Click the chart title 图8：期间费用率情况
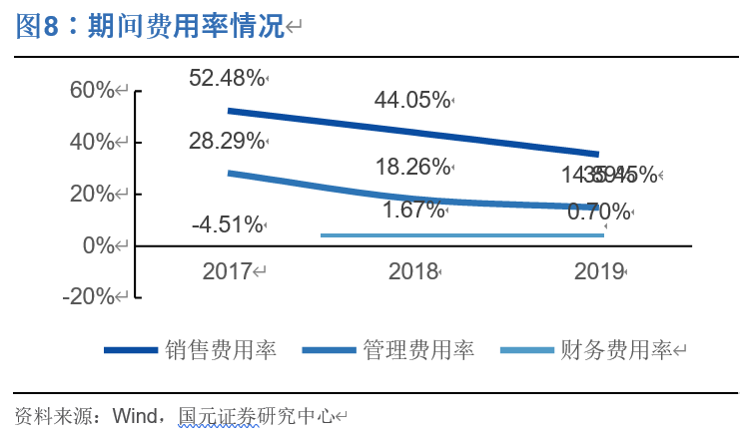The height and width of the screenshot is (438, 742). pos(150,27)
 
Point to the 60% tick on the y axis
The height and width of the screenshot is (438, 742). pos(93,90)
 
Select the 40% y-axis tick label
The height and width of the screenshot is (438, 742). pos(93,142)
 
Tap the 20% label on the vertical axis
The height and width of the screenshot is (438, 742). pos(93,194)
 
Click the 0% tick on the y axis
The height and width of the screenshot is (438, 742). pos(98,245)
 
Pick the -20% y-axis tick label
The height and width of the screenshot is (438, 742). pos(89,297)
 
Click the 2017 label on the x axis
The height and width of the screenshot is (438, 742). pos(229,271)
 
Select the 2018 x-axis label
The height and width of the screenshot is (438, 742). pos(413,271)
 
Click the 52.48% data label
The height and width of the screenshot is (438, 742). pos(227,77)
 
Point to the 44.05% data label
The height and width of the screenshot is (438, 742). pos(411,100)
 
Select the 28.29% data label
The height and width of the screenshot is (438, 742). pos(227,141)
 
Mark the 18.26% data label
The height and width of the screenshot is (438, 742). pos(411,167)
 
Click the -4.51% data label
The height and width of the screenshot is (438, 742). pos(227,223)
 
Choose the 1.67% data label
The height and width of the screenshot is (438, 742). pos(412,210)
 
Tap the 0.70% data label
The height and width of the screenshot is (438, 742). pos(598,212)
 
